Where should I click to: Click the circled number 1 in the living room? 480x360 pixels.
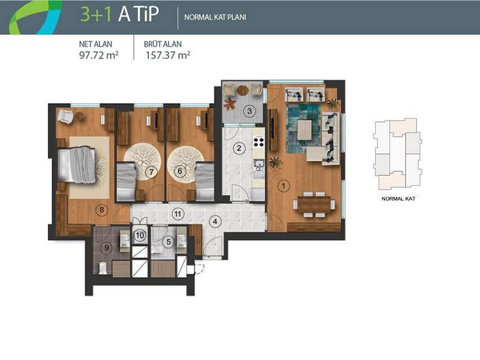point(283,186)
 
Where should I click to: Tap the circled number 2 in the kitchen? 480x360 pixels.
point(239,148)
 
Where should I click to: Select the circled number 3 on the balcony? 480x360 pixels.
point(250,111)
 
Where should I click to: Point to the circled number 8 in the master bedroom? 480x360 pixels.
point(101,210)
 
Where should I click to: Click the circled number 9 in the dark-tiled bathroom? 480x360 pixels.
point(107,247)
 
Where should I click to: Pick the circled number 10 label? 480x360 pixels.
point(140,235)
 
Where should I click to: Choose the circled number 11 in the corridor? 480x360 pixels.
point(178,214)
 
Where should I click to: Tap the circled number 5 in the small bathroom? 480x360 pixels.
point(169,242)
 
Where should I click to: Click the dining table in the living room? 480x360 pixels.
point(314,204)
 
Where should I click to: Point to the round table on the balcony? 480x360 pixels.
point(242,90)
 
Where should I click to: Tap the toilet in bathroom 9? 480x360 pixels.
point(103,268)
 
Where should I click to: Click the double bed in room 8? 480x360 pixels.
point(77,166)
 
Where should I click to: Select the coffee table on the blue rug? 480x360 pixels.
point(305,130)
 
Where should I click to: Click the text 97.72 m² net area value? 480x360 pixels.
point(99,55)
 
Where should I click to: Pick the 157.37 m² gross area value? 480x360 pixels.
point(167,55)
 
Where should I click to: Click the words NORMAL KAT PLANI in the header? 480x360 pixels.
point(215,17)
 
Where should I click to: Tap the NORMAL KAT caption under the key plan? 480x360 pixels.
point(398,199)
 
